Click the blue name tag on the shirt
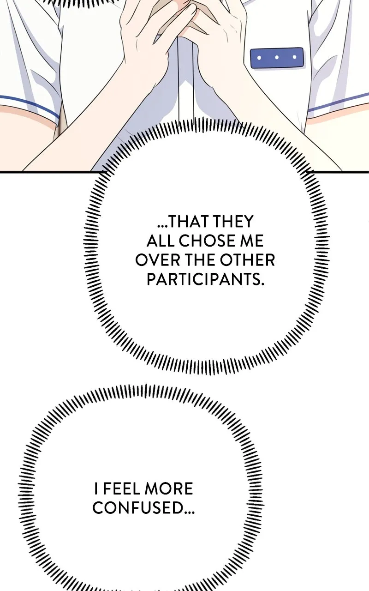[277, 58]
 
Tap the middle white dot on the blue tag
[277, 57]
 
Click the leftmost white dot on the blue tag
[259, 58]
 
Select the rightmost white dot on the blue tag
[294, 57]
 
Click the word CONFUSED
[138, 507]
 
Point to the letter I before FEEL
[96, 488]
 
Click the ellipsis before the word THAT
[162, 226]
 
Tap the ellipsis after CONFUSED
[189, 513]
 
